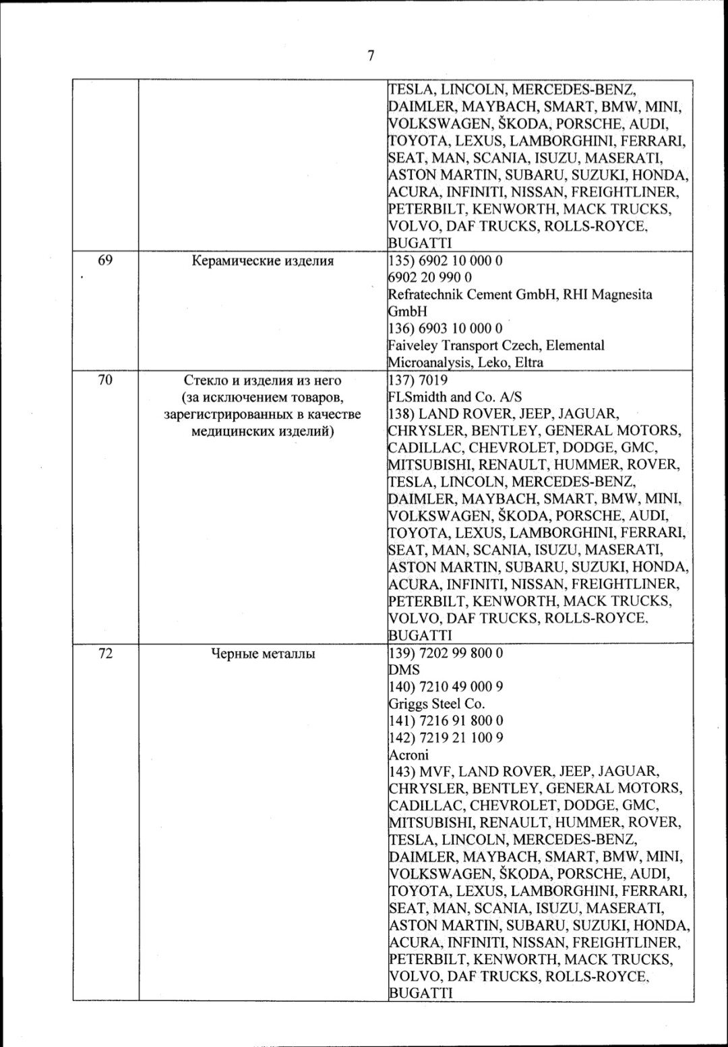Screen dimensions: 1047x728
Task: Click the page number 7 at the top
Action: [371, 55]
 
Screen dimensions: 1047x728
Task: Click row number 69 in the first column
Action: [105, 260]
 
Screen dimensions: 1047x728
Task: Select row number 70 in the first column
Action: [105, 380]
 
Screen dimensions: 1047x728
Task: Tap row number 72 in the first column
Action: [105, 652]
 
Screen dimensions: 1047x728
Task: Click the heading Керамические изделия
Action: [263, 260]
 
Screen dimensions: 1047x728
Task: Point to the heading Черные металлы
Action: [263, 653]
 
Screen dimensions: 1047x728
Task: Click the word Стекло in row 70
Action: [205, 380]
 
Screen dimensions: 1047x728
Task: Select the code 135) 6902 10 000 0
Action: [446, 260]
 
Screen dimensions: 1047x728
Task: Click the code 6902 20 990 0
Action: [430, 277]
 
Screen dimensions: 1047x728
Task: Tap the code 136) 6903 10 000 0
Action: [446, 329]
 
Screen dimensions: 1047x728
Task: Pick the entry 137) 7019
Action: [419, 380]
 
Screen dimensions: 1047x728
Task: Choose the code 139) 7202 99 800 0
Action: [446, 653]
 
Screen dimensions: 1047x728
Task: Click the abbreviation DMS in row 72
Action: [404, 670]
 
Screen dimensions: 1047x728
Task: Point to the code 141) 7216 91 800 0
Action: [446, 720]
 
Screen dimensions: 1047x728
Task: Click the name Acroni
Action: [408, 755]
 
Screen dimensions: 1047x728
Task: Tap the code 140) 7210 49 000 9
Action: [446, 687]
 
